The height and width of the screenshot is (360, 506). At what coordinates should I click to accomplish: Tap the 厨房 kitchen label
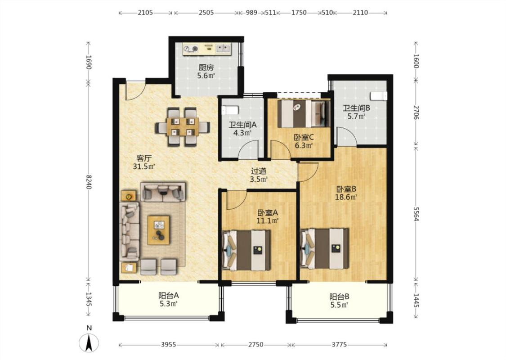[206, 68]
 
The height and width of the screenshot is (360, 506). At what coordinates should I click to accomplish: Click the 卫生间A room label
[243, 125]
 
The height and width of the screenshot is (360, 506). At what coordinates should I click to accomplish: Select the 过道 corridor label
[259, 171]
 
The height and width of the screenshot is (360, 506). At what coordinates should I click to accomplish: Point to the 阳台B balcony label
[339, 297]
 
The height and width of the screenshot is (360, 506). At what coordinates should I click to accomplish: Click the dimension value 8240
[89, 182]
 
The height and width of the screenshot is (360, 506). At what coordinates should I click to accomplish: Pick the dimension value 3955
[169, 345]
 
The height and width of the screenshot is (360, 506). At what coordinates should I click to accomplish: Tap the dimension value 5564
[416, 214]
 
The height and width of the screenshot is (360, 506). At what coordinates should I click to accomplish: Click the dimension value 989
[251, 13]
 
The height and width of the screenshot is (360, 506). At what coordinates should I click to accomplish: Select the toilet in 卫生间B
[378, 96]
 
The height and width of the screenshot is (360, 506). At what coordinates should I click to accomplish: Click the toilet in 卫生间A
[229, 110]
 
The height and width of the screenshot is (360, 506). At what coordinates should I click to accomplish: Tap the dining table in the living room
[183, 126]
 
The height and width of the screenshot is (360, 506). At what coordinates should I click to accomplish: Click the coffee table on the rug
[158, 230]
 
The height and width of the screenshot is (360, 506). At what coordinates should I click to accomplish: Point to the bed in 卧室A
[246, 250]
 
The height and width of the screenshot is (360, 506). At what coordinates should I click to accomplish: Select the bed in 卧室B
[324, 248]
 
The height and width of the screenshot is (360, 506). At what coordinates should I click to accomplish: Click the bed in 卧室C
[303, 114]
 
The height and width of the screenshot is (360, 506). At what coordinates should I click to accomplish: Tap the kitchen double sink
[223, 49]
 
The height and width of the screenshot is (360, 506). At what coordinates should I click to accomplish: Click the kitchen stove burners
[190, 49]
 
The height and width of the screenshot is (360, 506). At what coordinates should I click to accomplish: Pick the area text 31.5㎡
[144, 166]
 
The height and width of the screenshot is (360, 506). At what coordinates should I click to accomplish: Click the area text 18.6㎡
[346, 197]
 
